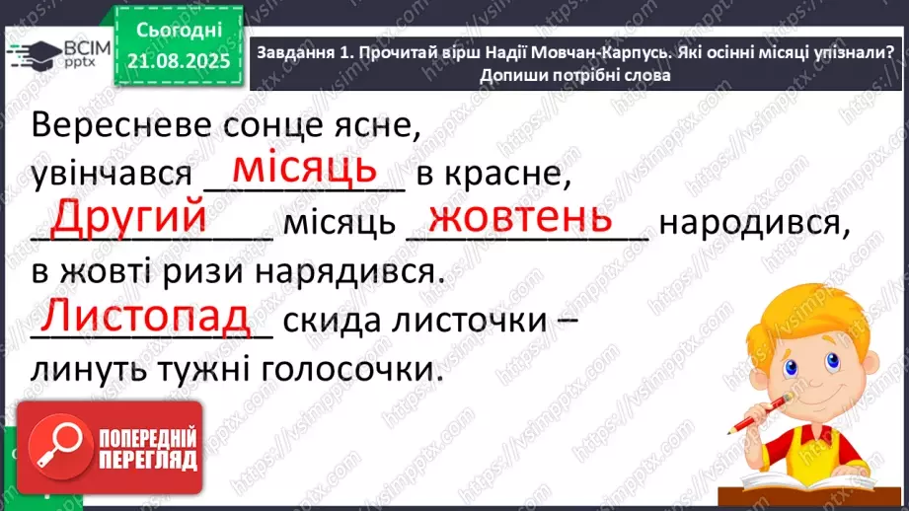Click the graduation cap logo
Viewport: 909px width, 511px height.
34,51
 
